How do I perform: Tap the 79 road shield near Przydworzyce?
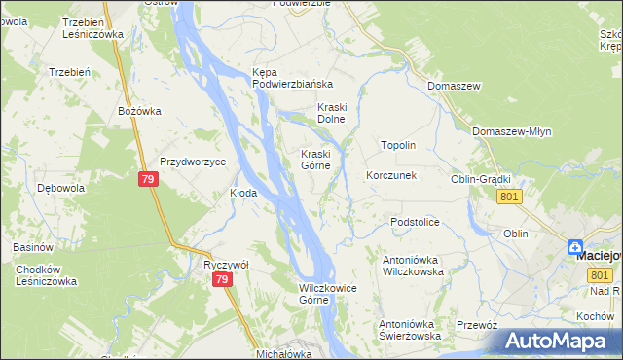[x=148, y=180]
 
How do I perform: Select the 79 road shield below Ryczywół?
[x=223, y=280]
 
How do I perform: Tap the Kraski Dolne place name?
[x=332, y=113]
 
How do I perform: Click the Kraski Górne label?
[x=320, y=160]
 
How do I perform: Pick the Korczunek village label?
[x=390, y=176]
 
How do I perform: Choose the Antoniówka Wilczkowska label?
[x=414, y=267]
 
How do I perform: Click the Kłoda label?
[x=242, y=193]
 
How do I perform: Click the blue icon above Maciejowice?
[x=576, y=248]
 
